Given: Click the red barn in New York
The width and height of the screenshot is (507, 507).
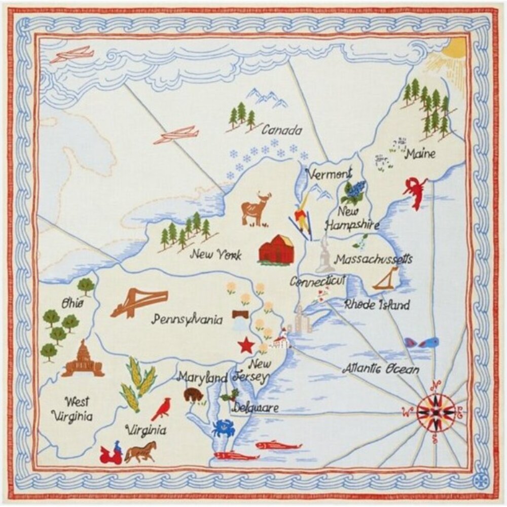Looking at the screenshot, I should coord(276,249).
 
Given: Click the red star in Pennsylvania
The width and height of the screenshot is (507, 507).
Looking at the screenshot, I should coord(246,346).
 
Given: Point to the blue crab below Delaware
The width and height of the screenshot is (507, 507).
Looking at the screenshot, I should coord(223,428).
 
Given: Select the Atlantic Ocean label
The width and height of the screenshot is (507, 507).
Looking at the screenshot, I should coord(381,369).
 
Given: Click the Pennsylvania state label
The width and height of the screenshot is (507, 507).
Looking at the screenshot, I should coord(188,320).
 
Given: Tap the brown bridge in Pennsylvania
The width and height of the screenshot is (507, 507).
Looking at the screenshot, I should coord(139,301).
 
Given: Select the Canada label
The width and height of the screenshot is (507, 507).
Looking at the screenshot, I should coord(282,130).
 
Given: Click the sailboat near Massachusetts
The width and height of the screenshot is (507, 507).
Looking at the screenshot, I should coord(387,279).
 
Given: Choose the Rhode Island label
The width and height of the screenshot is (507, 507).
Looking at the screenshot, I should coord(376,305).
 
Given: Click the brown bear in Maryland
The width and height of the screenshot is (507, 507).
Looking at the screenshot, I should coord(193,394).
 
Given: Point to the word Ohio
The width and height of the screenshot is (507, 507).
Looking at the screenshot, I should coord(73,303).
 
